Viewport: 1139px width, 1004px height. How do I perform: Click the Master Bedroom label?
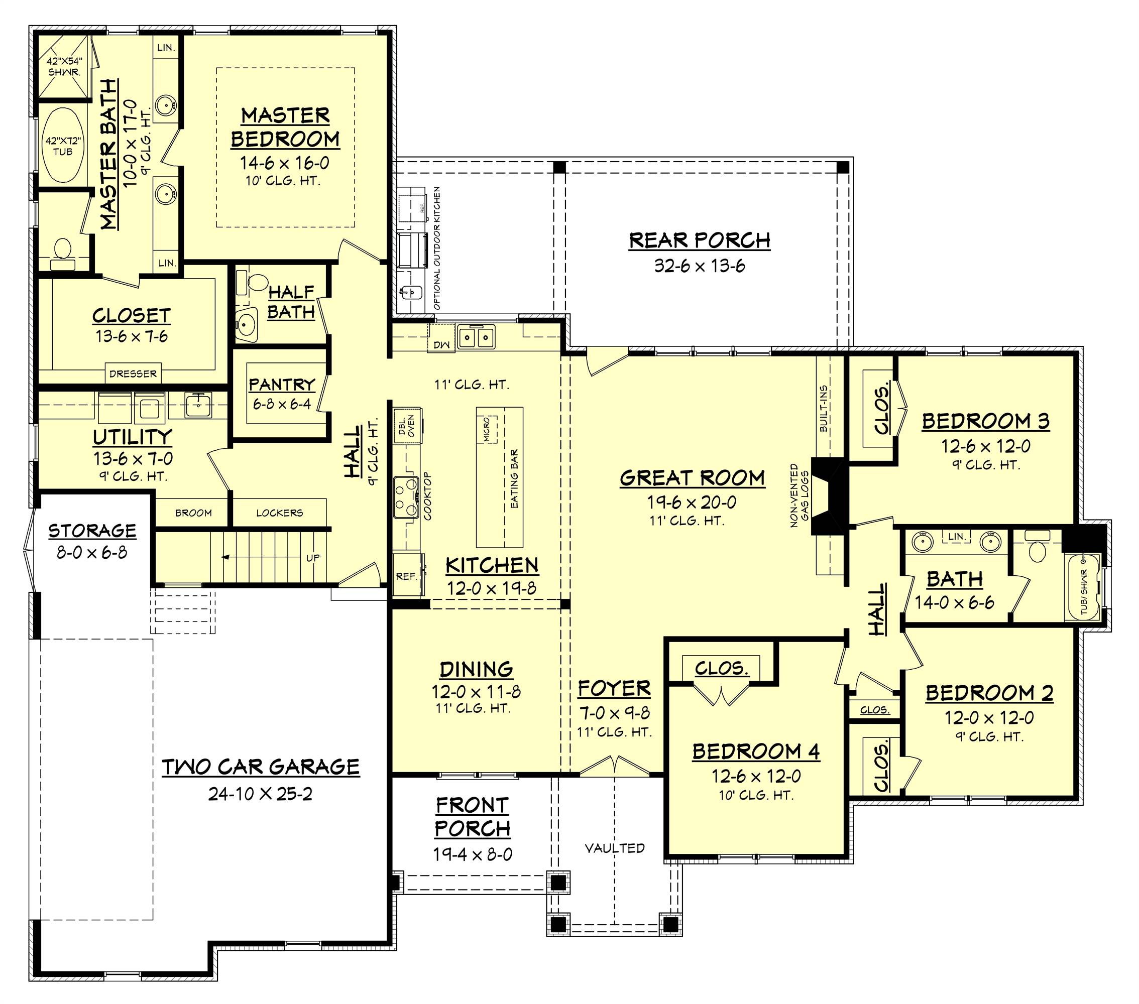[285, 127]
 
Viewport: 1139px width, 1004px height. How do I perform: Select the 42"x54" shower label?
[64, 67]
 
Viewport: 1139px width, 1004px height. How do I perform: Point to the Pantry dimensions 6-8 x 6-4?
[282, 404]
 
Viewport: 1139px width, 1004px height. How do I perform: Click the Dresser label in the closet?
[133, 374]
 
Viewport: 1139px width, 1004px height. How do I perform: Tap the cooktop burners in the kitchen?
[406, 497]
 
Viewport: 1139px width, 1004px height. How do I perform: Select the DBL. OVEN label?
[407, 426]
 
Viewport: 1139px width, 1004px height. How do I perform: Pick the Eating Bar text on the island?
[514, 478]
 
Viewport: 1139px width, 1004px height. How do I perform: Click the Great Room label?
[692, 478]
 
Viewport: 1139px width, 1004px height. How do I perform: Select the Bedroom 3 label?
[985, 421]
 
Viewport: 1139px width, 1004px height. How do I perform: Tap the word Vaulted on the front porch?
[615, 848]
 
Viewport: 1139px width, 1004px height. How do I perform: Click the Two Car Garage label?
[261, 767]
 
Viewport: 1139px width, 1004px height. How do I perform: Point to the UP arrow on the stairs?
[227, 557]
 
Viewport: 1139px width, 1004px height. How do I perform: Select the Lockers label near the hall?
[279, 513]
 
